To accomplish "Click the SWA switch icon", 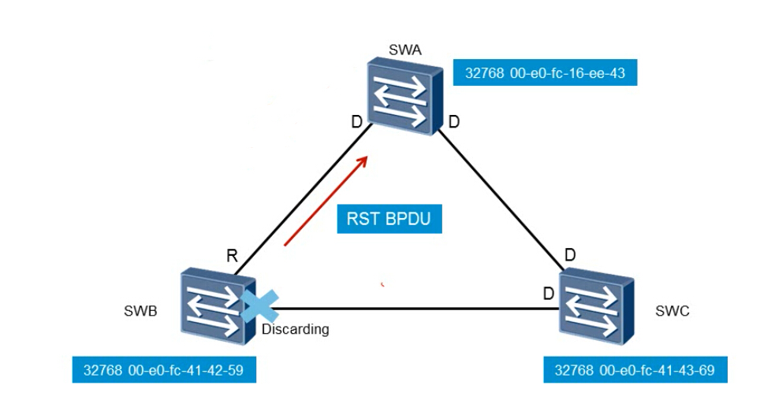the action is click(404, 96).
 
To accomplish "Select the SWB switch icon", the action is click(218, 306).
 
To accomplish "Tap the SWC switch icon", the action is click(596, 306).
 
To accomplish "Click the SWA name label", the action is click(405, 50).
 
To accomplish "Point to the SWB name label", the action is click(140, 311).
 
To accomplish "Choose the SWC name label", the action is click(672, 311).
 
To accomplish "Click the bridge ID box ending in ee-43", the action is click(545, 72).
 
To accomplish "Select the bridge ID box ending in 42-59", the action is click(164, 370).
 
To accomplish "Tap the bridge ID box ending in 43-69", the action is click(635, 370).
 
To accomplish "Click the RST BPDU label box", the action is click(389, 219).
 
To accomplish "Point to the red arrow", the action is click(326, 201).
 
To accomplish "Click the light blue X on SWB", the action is click(260, 306).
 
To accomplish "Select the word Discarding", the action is click(295, 329).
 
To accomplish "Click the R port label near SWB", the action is click(232, 256).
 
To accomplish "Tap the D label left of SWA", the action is click(356, 122).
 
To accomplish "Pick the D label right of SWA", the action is click(453, 122).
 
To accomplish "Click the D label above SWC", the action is click(570, 254).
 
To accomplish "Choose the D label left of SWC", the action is click(548, 294).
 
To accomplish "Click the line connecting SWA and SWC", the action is click(501, 198).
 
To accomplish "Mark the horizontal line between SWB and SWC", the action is click(412, 309).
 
